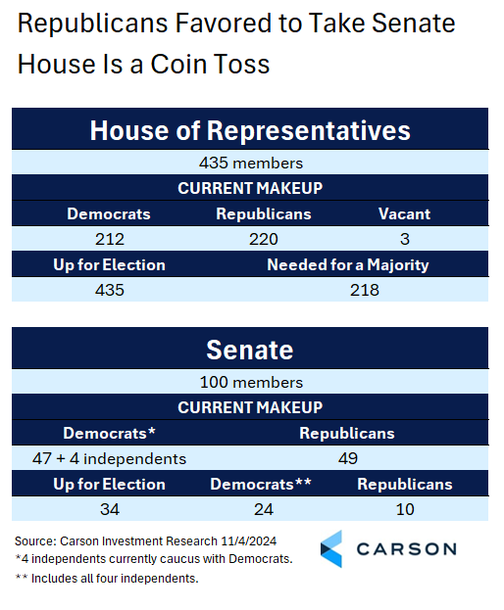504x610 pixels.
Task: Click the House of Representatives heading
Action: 250,130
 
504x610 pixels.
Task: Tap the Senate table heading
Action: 250,350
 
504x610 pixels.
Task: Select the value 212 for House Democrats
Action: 110,239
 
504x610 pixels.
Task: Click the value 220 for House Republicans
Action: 264,239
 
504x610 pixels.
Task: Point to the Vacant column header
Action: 405,213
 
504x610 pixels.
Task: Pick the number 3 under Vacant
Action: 405,239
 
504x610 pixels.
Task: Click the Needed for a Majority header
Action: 348,265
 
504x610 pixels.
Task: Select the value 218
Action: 365,290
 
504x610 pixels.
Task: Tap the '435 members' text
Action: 251,163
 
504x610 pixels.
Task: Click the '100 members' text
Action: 251,383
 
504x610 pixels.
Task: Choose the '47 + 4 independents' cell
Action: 110,458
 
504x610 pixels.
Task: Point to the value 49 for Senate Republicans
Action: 348,458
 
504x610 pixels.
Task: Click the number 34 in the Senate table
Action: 110,509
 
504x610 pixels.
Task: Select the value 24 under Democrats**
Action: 264,509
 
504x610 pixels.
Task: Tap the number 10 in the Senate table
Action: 405,509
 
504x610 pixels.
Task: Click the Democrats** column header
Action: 261,484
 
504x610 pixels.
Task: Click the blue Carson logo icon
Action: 331,549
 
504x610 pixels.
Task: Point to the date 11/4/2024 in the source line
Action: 249,541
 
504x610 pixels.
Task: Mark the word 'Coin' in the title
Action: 177,64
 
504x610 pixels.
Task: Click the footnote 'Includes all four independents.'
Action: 115,579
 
